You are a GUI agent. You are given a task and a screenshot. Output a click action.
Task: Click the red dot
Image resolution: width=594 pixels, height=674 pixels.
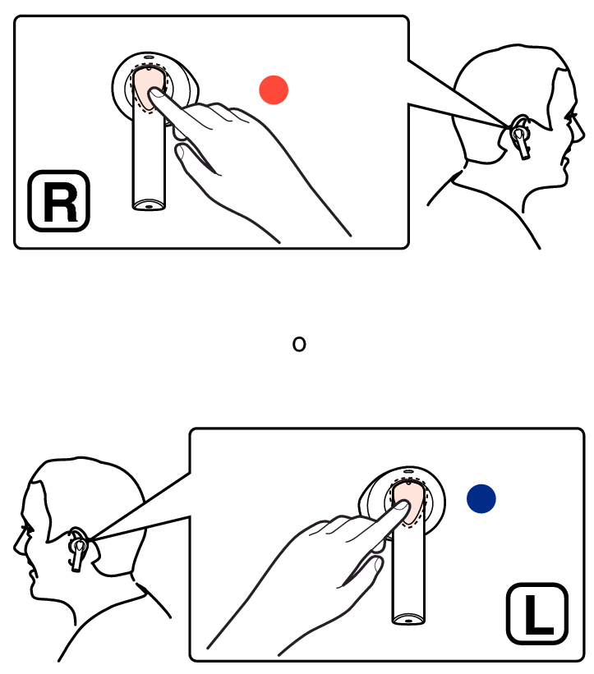click(274, 89)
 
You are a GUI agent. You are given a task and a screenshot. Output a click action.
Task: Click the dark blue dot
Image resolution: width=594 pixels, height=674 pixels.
click(481, 498)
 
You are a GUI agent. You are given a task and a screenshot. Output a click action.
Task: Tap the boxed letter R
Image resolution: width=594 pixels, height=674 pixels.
click(59, 201)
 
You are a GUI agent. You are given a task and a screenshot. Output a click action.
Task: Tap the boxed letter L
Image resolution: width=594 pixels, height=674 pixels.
click(537, 614)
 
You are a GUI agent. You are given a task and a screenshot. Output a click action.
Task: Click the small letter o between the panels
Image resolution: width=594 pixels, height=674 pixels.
click(299, 344)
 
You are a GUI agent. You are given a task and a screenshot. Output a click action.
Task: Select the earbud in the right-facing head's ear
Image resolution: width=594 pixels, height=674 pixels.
click(521, 139)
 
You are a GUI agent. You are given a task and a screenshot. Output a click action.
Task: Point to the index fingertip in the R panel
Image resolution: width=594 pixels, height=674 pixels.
click(154, 93)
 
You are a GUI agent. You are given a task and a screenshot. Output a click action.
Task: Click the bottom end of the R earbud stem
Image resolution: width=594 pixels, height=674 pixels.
click(149, 206)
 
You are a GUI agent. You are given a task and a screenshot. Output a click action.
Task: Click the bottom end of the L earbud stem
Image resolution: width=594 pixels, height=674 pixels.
click(408, 620)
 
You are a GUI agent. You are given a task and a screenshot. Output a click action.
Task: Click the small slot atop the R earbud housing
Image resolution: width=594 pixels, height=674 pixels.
click(149, 57)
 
